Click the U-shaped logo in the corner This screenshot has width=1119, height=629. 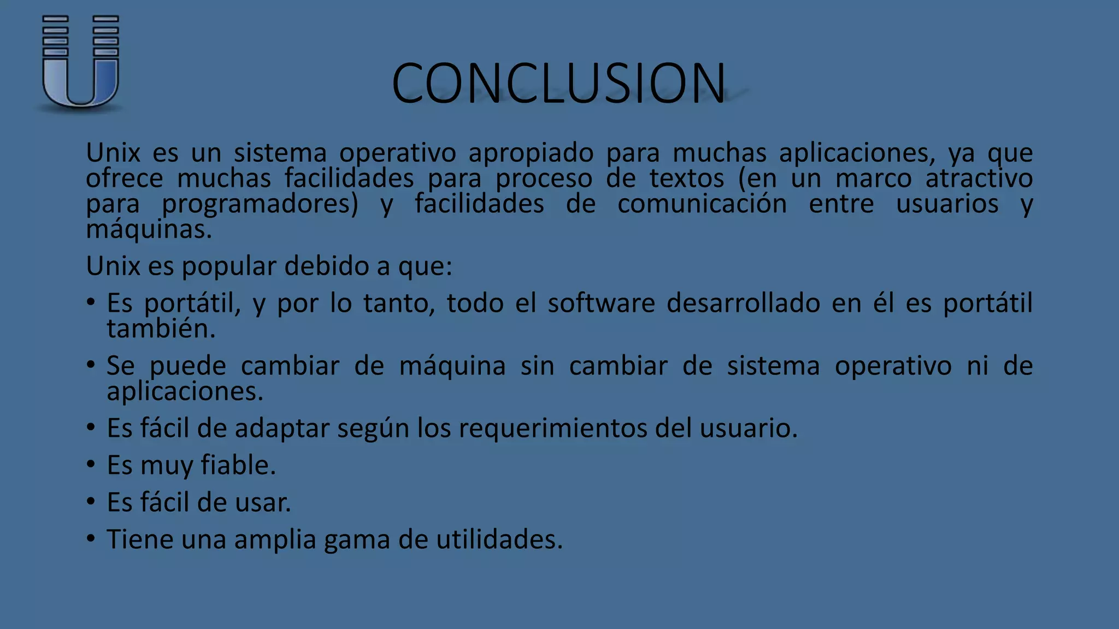tap(80, 61)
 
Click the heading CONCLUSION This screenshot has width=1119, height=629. tap(558, 83)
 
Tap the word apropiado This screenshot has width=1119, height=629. tap(531, 153)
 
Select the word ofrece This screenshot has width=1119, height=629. tap(125, 179)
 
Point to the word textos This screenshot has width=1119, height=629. tap(686, 179)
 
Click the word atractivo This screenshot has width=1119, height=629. tap(979, 179)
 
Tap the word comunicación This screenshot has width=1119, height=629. tap(702, 204)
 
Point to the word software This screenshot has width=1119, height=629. tap(601, 303)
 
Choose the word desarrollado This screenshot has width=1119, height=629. tap(743, 303)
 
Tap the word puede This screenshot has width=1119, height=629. tap(188, 366)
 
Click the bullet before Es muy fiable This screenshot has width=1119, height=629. tap(91, 465)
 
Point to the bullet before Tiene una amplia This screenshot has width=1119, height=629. tap(91, 539)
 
